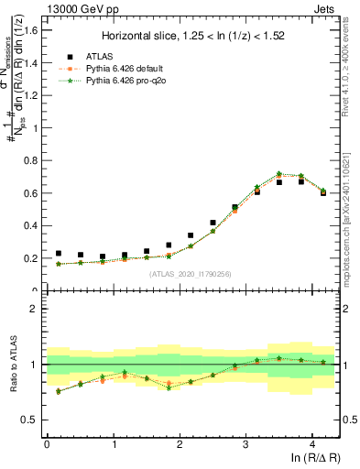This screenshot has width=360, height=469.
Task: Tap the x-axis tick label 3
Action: pos(245,444)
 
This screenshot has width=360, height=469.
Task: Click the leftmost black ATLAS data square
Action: pos(59,254)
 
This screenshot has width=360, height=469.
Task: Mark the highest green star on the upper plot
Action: pos(279,173)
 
